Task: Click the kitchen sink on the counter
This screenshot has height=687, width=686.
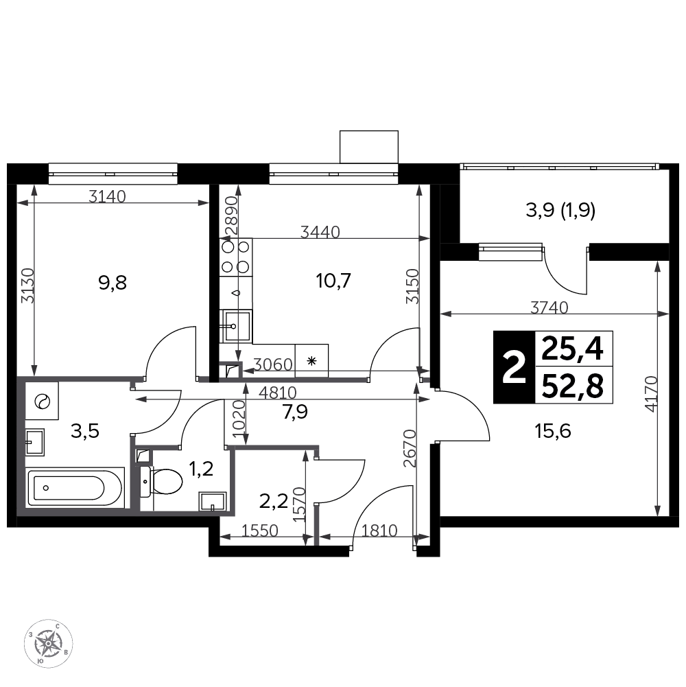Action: point(237,325)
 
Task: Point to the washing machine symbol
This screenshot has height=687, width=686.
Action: point(42,401)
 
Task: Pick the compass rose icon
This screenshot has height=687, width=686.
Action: point(48,644)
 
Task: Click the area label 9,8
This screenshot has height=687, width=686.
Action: point(113,283)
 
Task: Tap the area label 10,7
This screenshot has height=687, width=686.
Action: point(333,281)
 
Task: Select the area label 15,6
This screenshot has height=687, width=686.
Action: point(553,432)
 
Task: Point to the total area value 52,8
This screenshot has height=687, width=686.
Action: point(573,386)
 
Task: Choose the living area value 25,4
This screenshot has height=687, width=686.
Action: point(573,349)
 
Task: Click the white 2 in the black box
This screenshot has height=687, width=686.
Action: point(514,368)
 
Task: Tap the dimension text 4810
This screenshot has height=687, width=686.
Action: point(278,392)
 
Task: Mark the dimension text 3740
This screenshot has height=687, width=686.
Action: point(549,307)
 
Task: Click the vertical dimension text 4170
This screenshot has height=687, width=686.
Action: point(652,393)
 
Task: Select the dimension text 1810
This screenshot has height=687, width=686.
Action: point(379,531)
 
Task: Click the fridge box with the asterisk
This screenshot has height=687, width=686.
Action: point(311,360)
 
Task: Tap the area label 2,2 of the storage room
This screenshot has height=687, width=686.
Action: point(273,501)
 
